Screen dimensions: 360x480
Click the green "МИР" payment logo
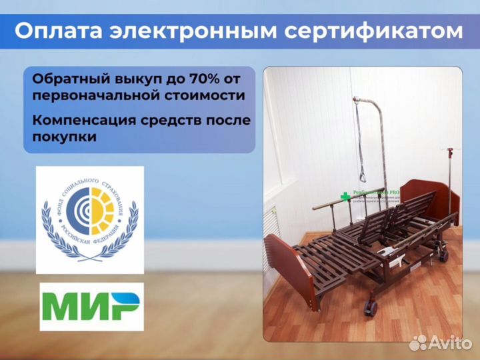tap(91, 307)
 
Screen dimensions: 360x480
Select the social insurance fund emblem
tap(89, 219)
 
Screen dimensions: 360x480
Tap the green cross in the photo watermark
tap(345, 197)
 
